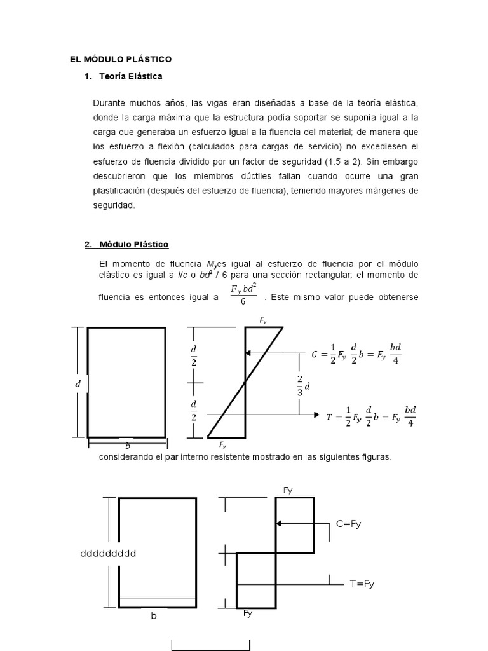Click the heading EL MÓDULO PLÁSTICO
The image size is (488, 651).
pos(121,59)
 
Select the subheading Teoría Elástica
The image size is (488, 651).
pos(131,77)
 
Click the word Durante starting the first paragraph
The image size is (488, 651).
pos(109,103)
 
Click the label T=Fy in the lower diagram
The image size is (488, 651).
pos(362,583)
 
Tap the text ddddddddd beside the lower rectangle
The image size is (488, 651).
pos(108,553)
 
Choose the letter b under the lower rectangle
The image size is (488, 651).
pos(153,616)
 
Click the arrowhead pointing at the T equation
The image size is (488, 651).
pos(315,415)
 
